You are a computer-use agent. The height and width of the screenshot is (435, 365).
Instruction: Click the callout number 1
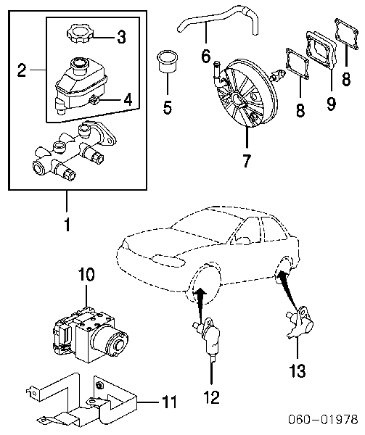point(67,225)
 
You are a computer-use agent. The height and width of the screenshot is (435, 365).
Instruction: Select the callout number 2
point(22,70)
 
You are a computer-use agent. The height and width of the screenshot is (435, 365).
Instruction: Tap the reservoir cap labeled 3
point(79,35)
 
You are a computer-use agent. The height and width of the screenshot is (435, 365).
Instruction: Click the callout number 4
point(127,100)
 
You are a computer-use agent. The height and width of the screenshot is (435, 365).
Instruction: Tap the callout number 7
point(246,160)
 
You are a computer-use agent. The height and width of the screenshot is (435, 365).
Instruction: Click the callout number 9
point(331,103)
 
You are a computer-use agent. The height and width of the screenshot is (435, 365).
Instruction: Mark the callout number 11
point(168,401)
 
